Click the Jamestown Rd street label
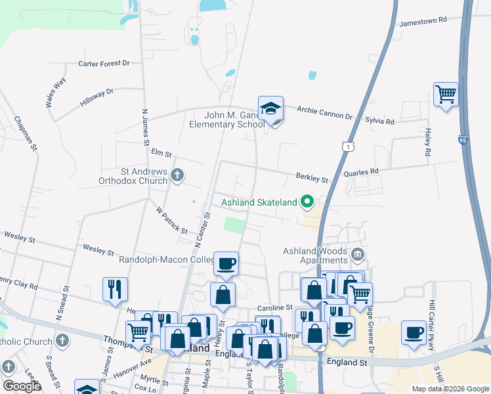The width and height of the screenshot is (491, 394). (x=424, y=20)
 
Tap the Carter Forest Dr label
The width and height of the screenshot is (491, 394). (x=104, y=64)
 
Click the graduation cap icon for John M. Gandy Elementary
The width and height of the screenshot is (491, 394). (x=270, y=108)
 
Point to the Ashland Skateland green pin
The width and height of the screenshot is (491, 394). (x=307, y=202)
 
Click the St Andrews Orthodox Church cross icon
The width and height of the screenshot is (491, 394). (x=177, y=175)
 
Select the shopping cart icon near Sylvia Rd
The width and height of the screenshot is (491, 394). (x=446, y=94)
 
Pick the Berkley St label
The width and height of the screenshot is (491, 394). (x=311, y=178)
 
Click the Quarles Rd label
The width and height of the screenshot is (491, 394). (x=365, y=171)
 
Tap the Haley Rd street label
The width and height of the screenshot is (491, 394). (x=428, y=142)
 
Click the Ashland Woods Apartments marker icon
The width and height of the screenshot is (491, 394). (x=357, y=254)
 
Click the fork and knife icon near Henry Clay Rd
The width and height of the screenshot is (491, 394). (x=115, y=288)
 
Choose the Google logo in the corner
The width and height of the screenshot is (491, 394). (x=21, y=386)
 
